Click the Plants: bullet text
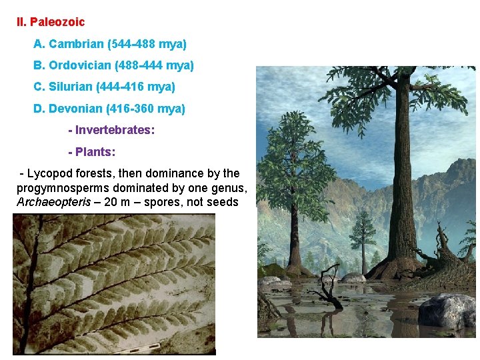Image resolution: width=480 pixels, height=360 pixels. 96,151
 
